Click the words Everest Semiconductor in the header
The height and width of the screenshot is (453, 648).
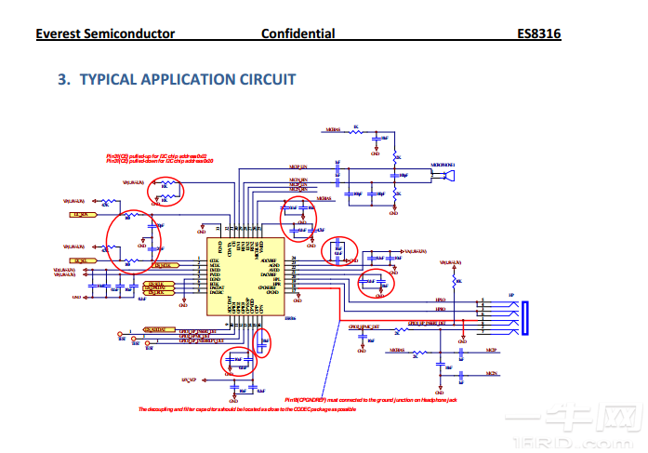click(x=105, y=34)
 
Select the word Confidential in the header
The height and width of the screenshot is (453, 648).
click(x=298, y=34)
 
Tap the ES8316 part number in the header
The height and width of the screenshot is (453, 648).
click(x=539, y=34)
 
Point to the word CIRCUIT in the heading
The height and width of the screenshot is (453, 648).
click(x=266, y=80)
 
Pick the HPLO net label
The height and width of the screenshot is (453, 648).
click(x=440, y=301)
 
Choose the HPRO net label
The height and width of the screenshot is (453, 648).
click(x=440, y=311)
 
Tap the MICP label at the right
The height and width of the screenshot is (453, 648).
click(x=491, y=351)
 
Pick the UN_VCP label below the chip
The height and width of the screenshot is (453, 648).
click(x=189, y=380)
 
